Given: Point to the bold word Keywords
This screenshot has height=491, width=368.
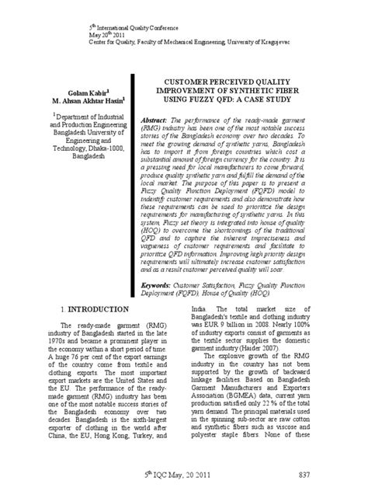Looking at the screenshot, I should coord(160,265).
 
